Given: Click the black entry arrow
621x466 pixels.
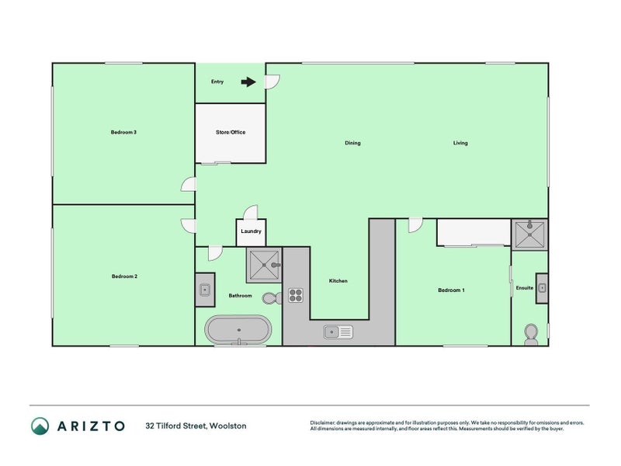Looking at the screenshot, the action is click(x=248, y=82).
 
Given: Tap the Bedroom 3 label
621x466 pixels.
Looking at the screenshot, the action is click(x=123, y=132).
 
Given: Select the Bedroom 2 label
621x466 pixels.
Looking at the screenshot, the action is click(x=124, y=276).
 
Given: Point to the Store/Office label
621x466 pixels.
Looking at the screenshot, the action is click(x=231, y=132).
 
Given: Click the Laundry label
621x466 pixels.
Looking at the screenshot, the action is click(x=251, y=231).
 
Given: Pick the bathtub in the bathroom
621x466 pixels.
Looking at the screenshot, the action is click(x=238, y=330).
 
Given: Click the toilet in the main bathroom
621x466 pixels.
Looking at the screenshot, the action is click(x=272, y=298).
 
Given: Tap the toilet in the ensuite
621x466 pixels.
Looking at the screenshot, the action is click(x=531, y=335).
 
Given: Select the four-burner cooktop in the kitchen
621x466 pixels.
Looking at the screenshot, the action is click(x=296, y=295).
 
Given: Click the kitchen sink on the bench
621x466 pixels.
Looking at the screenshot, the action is click(x=338, y=332).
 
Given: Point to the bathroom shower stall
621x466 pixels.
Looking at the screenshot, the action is click(x=264, y=265).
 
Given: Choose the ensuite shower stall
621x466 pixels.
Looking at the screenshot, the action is click(x=529, y=235).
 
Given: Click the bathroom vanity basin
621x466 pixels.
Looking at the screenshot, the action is click(x=205, y=290).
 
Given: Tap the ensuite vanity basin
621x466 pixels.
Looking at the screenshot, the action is click(x=542, y=288).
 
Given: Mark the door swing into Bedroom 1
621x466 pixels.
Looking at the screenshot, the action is click(x=415, y=225).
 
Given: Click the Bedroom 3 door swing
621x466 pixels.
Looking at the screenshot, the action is click(x=188, y=184).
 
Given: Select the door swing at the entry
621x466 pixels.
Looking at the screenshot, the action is click(x=272, y=82).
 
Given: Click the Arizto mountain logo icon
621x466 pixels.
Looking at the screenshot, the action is click(x=40, y=426).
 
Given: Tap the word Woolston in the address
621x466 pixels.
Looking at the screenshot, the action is click(x=227, y=426).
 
